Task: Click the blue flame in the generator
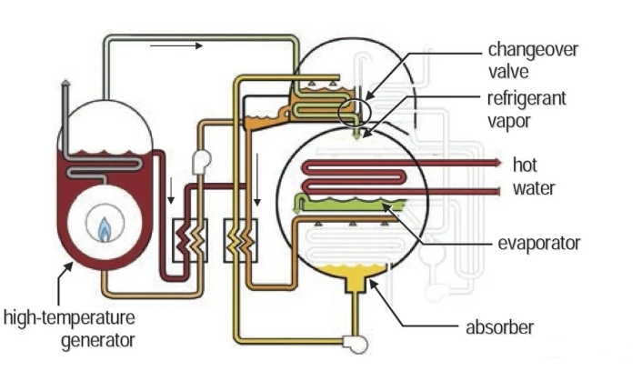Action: (x=105, y=228)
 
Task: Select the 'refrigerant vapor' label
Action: (x=526, y=109)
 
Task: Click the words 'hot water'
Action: (x=533, y=177)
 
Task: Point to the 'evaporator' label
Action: (x=539, y=243)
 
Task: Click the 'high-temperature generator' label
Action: (x=69, y=329)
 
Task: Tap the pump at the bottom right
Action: (x=350, y=342)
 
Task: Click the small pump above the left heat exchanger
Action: (x=201, y=161)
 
